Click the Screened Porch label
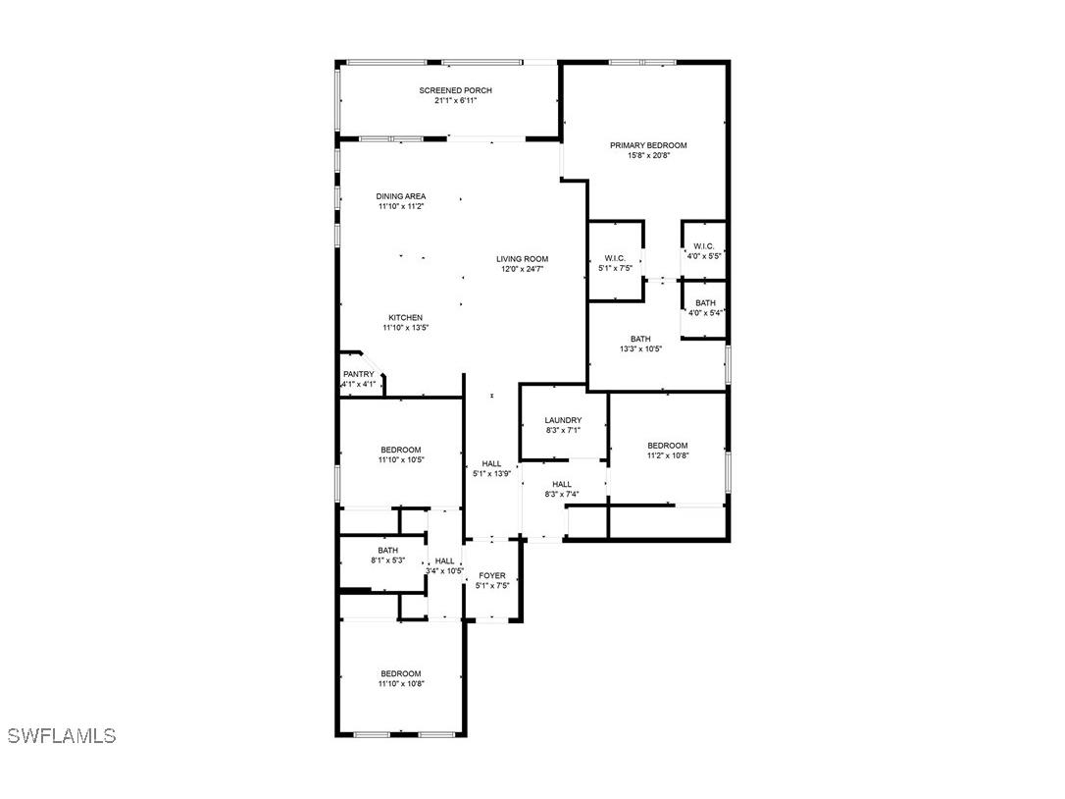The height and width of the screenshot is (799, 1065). [455, 90]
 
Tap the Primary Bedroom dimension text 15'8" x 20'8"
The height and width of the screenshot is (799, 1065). [648, 155]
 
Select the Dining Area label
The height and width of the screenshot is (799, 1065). [401, 196]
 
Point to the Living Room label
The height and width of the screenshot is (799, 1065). [522, 259]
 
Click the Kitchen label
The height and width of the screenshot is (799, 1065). [405, 318]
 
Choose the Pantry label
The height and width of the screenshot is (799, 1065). [359, 374]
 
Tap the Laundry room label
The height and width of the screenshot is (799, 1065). [563, 420]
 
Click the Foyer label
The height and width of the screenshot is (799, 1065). [491, 575]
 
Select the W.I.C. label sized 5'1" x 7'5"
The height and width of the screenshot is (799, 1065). [615, 258]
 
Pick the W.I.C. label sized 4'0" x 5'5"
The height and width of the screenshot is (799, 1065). [704, 246]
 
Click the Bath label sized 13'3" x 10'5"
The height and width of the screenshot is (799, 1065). [639, 339]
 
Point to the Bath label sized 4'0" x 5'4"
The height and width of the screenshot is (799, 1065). [705, 303]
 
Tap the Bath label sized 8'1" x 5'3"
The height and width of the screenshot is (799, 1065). [387, 550]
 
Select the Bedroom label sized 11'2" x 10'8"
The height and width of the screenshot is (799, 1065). [667, 446]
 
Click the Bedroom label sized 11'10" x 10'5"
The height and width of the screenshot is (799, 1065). [401, 450]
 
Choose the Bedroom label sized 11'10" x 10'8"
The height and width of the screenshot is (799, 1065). [401, 674]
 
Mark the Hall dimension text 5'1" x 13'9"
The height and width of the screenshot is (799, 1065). [491, 474]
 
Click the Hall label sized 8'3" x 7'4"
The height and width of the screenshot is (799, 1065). [562, 484]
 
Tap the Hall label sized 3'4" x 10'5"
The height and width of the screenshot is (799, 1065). [445, 561]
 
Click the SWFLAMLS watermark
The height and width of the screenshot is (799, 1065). [62, 735]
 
